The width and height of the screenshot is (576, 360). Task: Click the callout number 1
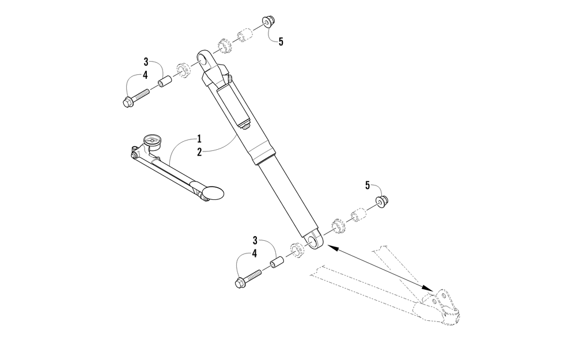pos(199,139)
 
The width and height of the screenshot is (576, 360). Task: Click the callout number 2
pos(199,152)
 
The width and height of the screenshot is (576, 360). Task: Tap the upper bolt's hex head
pos(128,102)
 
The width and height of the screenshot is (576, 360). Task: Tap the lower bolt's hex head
pos(240,283)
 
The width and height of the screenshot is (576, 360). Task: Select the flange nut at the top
pos(268,22)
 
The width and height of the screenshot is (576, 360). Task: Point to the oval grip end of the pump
pos(214,192)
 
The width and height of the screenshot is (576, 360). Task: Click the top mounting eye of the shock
pos(203,59)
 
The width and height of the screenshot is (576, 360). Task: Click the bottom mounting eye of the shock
pos(315,241)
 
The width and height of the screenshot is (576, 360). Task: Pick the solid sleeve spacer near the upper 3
pos(165,80)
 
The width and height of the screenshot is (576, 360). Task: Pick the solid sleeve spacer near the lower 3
pos(278,263)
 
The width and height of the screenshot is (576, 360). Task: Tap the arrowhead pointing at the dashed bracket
pos(429,288)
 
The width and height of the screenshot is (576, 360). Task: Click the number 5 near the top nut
pos(281,42)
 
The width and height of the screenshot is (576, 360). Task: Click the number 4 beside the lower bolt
pos(255,254)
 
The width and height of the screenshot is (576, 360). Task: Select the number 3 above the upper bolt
pos(146,62)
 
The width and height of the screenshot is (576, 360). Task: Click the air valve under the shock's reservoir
pos(245,126)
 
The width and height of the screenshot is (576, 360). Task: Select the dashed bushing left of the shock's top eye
pos(184,70)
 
